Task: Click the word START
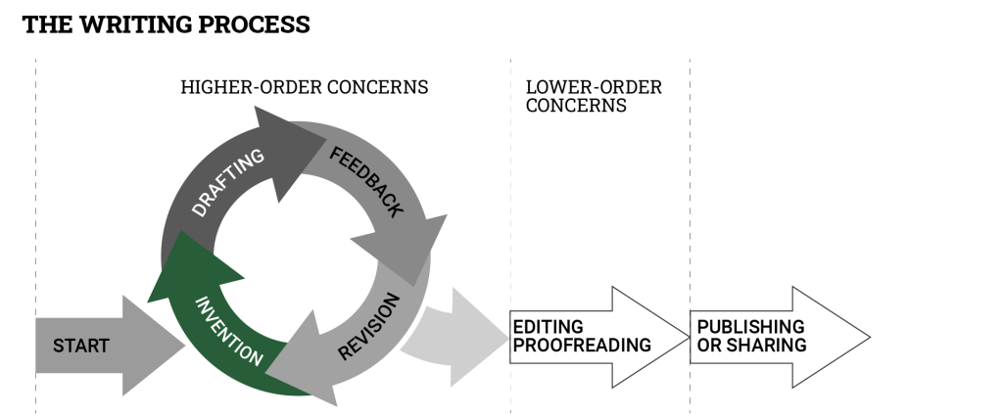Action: click(80, 346)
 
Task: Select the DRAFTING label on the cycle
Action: click(227, 183)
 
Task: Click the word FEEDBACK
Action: click(365, 182)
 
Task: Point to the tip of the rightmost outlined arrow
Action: click(868, 337)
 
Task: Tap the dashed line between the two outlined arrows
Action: click(690, 196)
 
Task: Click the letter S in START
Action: click(58, 346)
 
